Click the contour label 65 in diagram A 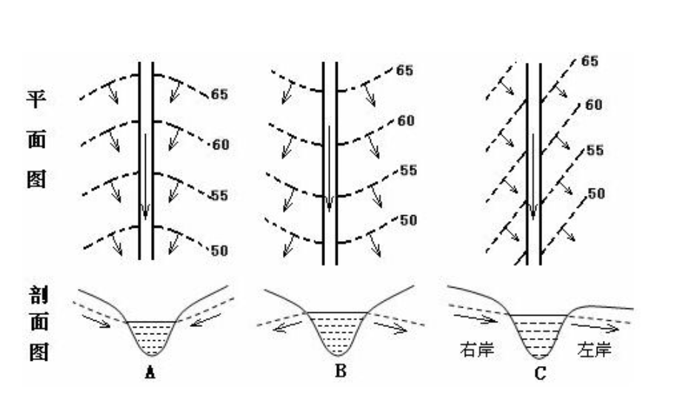pos(220,95)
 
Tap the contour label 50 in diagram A pos(220,251)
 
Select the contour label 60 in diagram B pos(406,120)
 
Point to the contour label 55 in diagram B pos(409,171)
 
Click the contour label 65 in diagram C pos(589,61)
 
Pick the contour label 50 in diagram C pos(596,194)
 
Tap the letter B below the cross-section pos(341,371)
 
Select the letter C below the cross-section pos(540,374)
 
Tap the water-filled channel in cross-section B pos(337,333)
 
